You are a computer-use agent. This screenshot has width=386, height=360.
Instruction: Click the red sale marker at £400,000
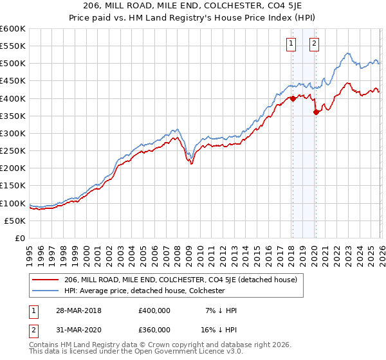coord(293,98)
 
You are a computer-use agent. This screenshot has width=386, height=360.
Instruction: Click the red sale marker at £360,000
coord(316,113)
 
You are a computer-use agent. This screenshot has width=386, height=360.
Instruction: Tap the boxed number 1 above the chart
coord(291,44)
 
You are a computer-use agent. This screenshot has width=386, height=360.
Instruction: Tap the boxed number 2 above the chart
coord(314,44)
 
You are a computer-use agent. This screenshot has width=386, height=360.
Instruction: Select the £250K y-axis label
coord(13,151)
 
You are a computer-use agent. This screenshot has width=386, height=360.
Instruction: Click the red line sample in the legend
coord(45,280)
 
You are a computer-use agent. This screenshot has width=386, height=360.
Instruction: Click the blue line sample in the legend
coord(45,291)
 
